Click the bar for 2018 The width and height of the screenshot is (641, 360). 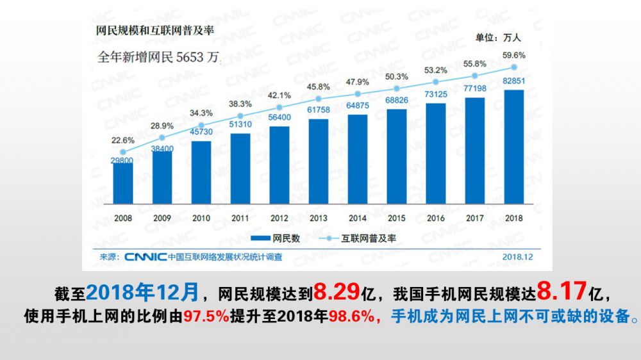pyautogui.click(x=514, y=147)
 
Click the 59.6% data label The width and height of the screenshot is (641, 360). pyautogui.click(x=514, y=55)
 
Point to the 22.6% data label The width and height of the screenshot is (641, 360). pyautogui.click(x=123, y=140)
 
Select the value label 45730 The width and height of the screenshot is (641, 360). pyautogui.click(x=201, y=132)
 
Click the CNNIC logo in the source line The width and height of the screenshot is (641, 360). pyautogui.click(x=145, y=257)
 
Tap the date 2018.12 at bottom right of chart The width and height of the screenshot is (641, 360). pyautogui.click(x=518, y=257)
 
